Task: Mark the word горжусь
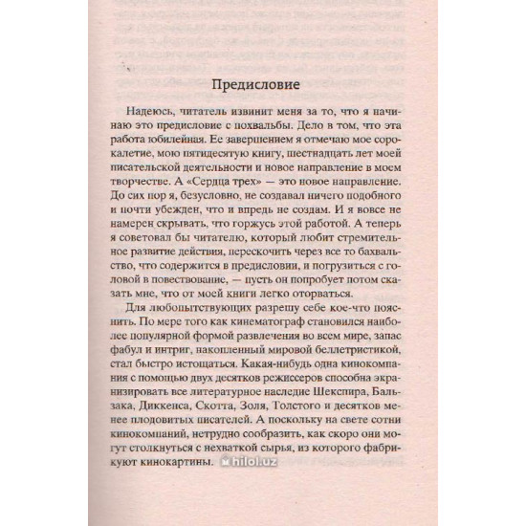pyautogui.click(x=255, y=253)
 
